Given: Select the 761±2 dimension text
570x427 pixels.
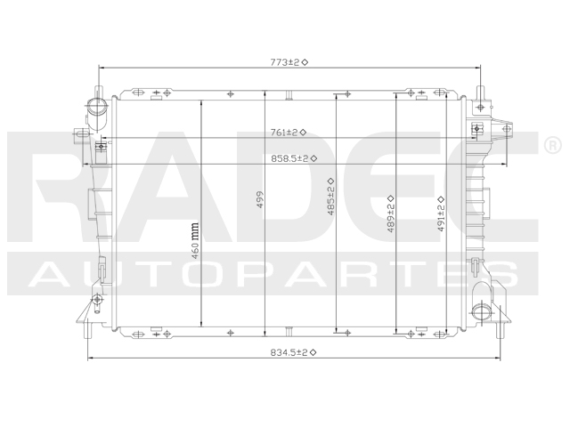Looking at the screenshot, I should [x=288, y=133].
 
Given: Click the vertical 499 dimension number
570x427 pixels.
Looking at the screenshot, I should [x=261, y=201].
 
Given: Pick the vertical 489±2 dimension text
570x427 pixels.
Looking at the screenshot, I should [x=390, y=213].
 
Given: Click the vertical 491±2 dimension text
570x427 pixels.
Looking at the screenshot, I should [x=441, y=213].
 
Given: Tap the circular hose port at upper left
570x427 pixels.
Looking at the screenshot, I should [x=96, y=110].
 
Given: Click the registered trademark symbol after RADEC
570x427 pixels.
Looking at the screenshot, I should [x=551, y=143].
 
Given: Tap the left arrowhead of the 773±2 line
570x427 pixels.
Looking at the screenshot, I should [x=101, y=68].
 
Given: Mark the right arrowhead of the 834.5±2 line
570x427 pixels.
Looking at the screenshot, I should [x=506, y=359].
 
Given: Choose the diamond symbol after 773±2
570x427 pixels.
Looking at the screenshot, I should [x=305, y=62].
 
